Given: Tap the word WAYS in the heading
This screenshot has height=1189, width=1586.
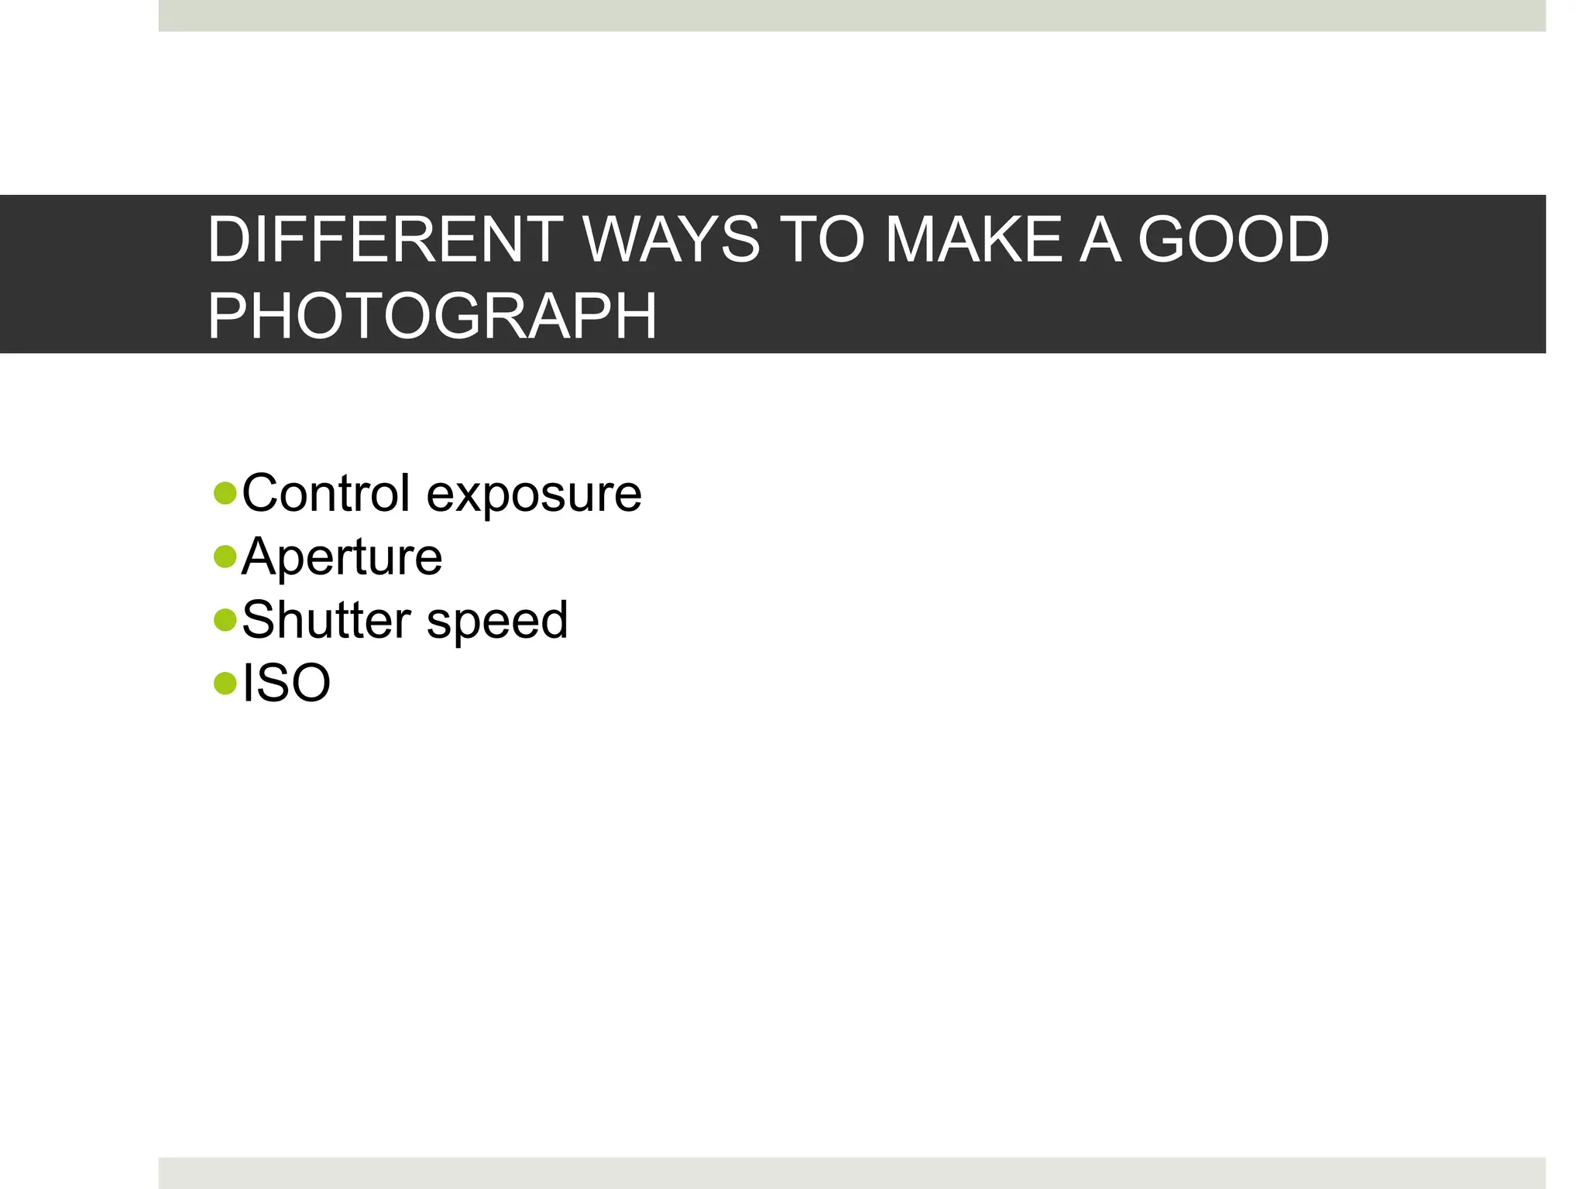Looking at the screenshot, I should tap(671, 240).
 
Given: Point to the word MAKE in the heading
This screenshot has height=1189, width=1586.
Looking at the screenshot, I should tap(973, 240).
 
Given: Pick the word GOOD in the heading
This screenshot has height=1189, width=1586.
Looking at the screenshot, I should tap(1234, 240).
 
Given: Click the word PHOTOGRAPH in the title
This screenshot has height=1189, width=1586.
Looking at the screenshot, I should tap(432, 316).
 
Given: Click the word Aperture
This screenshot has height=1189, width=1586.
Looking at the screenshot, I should tap(342, 558).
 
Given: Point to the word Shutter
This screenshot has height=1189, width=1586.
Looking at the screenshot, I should tap(326, 620).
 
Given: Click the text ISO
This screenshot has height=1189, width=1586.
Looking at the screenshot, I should tap(287, 684).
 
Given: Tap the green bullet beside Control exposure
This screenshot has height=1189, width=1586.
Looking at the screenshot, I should tap(225, 493).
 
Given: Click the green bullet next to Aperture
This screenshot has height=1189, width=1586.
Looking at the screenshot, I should tap(225, 557).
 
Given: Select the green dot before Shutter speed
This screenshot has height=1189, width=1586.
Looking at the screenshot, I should tap(225, 619).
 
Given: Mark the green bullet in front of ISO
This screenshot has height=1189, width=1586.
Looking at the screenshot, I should tap(225, 683).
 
